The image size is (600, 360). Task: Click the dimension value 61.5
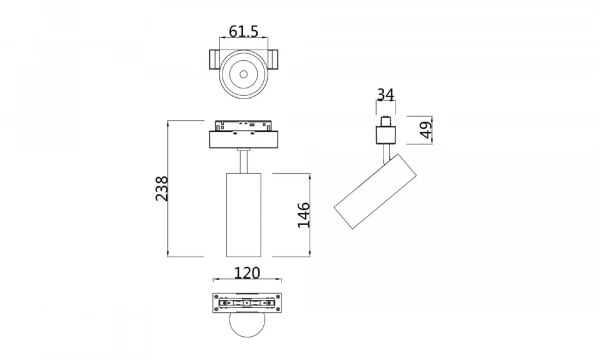pyautogui.click(x=243, y=32)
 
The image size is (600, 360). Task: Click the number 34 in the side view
pyautogui.click(x=386, y=96)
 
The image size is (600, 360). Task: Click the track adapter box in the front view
pyautogui.click(x=243, y=136)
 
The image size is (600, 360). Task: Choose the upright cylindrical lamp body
pyautogui.click(x=243, y=215)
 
